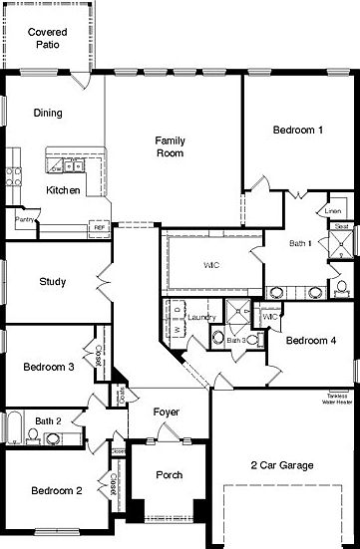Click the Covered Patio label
tap(48, 38)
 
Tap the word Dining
tap(48, 113)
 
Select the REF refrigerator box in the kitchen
tap(100, 228)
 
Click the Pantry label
tap(25, 219)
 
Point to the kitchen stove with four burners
tap(14, 178)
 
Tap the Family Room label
tap(170, 146)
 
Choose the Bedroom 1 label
tap(297, 130)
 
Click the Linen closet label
tap(333, 211)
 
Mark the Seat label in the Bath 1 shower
tap(340, 227)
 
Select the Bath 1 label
tap(301, 242)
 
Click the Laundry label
tap(202, 317)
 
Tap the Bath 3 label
tap(235, 341)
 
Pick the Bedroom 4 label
tap(311, 340)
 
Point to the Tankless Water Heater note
tap(334, 401)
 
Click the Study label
tap(52, 282)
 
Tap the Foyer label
tap(166, 412)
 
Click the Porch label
tap(170, 475)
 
